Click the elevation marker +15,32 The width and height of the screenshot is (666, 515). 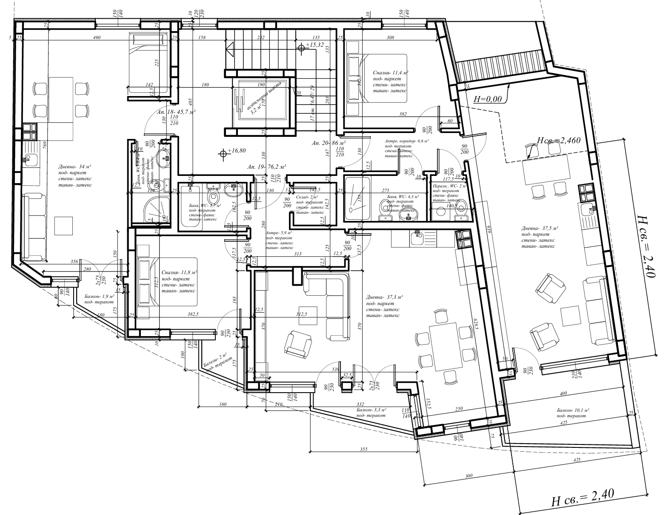point(313,45)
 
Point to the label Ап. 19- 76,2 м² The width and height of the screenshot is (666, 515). point(266,167)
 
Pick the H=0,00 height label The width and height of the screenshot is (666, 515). point(488,99)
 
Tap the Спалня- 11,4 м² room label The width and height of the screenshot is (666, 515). point(390,73)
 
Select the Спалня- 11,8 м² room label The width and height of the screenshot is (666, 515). point(179,272)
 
